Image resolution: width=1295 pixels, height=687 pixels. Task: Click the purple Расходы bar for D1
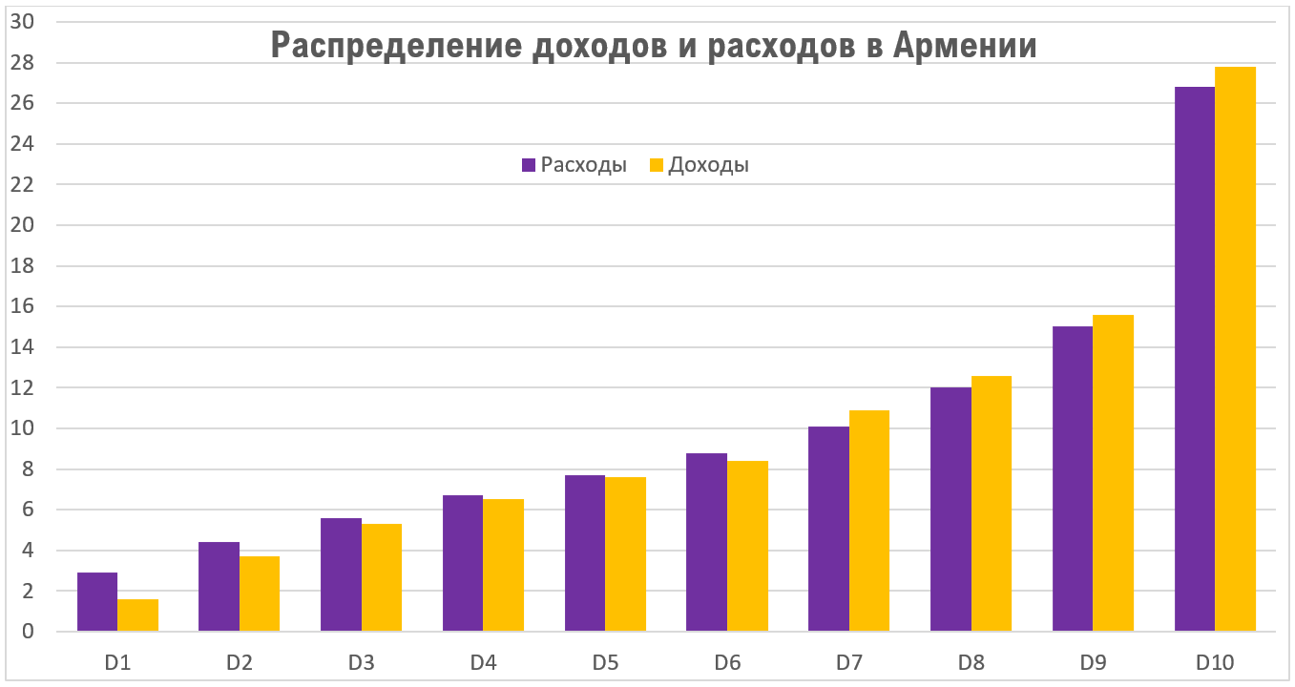click(97, 602)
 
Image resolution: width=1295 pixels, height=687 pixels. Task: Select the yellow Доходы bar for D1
click(137, 615)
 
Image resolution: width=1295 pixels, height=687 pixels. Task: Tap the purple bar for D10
click(1194, 359)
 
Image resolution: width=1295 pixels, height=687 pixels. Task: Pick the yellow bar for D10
click(1235, 349)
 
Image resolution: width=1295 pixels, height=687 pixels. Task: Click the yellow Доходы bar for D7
click(869, 521)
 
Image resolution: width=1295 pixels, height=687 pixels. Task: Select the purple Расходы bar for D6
click(706, 542)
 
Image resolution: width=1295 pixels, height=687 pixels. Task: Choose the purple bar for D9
click(1072, 479)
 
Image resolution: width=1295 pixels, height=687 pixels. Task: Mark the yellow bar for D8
click(992, 504)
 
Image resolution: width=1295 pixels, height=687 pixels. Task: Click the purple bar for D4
click(463, 563)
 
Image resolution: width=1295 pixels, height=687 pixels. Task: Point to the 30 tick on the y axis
click(21, 22)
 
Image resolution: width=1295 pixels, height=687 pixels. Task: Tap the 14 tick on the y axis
click(21, 347)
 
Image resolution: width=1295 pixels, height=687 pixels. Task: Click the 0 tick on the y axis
click(28, 632)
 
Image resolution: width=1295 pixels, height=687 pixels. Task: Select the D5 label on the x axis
click(605, 660)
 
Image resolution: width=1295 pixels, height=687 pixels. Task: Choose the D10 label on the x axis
click(1215, 660)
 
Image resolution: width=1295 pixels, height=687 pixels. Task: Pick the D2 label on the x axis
click(239, 660)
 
